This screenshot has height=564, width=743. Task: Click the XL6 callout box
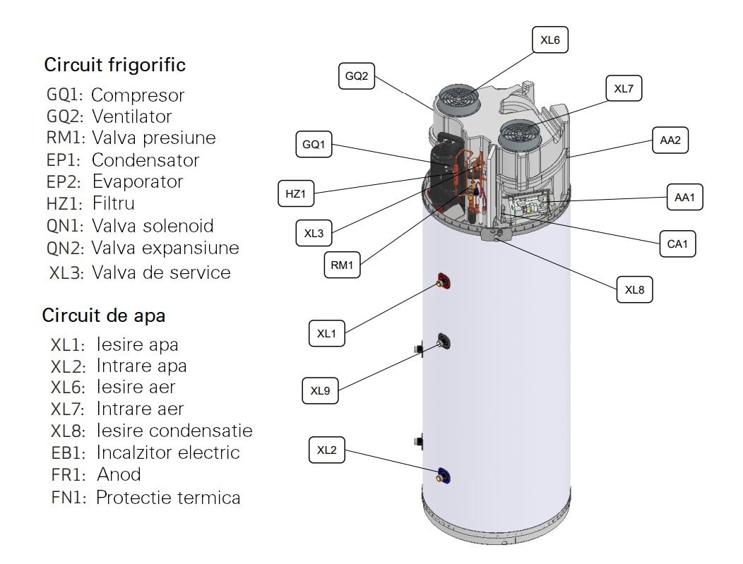coord(549,41)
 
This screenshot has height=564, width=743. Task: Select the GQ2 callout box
coord(357,77)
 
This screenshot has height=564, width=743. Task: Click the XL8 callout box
coord(634,289)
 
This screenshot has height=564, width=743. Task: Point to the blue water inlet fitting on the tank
coord(444,476)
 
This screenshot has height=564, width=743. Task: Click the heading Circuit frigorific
coord(115,66)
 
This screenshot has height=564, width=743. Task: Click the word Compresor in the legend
coord(138,95)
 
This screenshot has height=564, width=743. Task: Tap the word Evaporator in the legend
coord(138,182)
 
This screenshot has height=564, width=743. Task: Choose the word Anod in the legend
coord(118,474)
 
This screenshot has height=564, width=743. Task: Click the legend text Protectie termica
coord(168,498)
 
